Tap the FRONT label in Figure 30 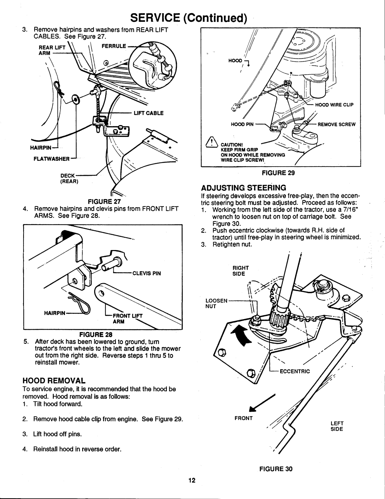tap(243, 418)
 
